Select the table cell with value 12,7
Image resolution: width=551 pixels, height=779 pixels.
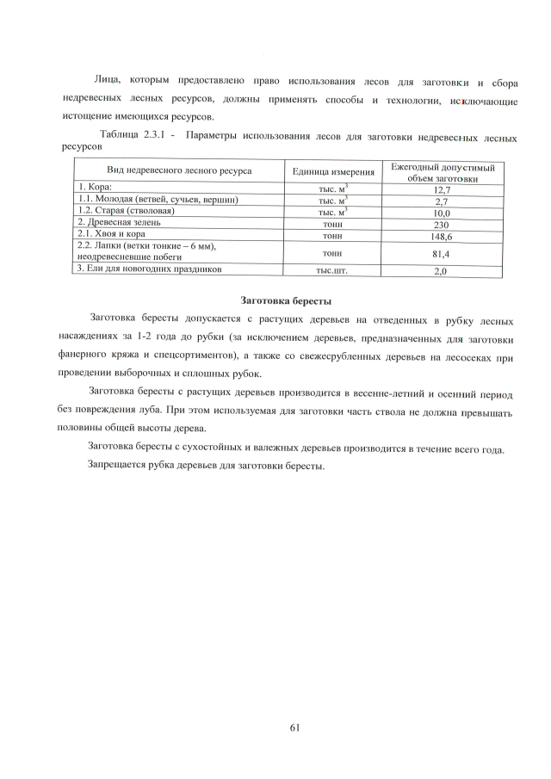point(442,189)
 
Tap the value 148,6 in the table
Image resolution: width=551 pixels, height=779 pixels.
point(442,235)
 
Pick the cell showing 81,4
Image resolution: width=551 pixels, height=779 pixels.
point(442,253)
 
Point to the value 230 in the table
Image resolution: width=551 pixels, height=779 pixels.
point(443,224)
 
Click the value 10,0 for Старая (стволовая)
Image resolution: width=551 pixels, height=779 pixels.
point(443,212)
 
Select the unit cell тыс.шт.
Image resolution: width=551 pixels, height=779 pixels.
point(332,270)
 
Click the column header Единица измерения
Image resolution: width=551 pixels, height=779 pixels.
point(332,172)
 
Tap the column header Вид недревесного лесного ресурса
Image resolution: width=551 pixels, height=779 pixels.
point(178,171)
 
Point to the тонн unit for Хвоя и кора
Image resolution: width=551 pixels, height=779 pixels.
point(332,234)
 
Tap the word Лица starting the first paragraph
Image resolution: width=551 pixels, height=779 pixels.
point(106,80)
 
